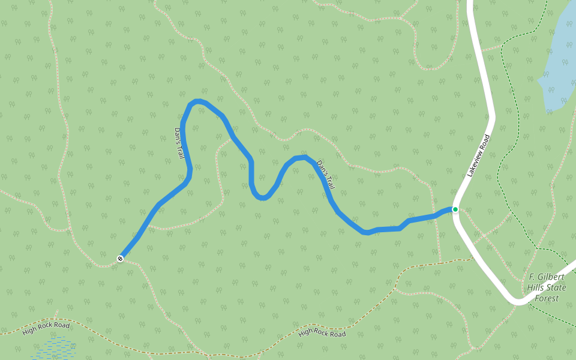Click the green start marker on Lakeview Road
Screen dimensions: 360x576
tap(455, 209)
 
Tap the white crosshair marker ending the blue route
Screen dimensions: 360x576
tap(121, 259)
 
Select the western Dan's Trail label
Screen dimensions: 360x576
tap(179, 143)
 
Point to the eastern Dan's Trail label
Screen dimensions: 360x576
tap(325, 175)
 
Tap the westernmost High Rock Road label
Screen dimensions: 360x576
tap(46, 328)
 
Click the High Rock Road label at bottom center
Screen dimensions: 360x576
tap(322, 332)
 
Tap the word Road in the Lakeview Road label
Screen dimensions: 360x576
tap(485, 141)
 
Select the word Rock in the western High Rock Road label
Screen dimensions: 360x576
tap(47, 328)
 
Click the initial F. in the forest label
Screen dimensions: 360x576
tap(531, 277)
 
